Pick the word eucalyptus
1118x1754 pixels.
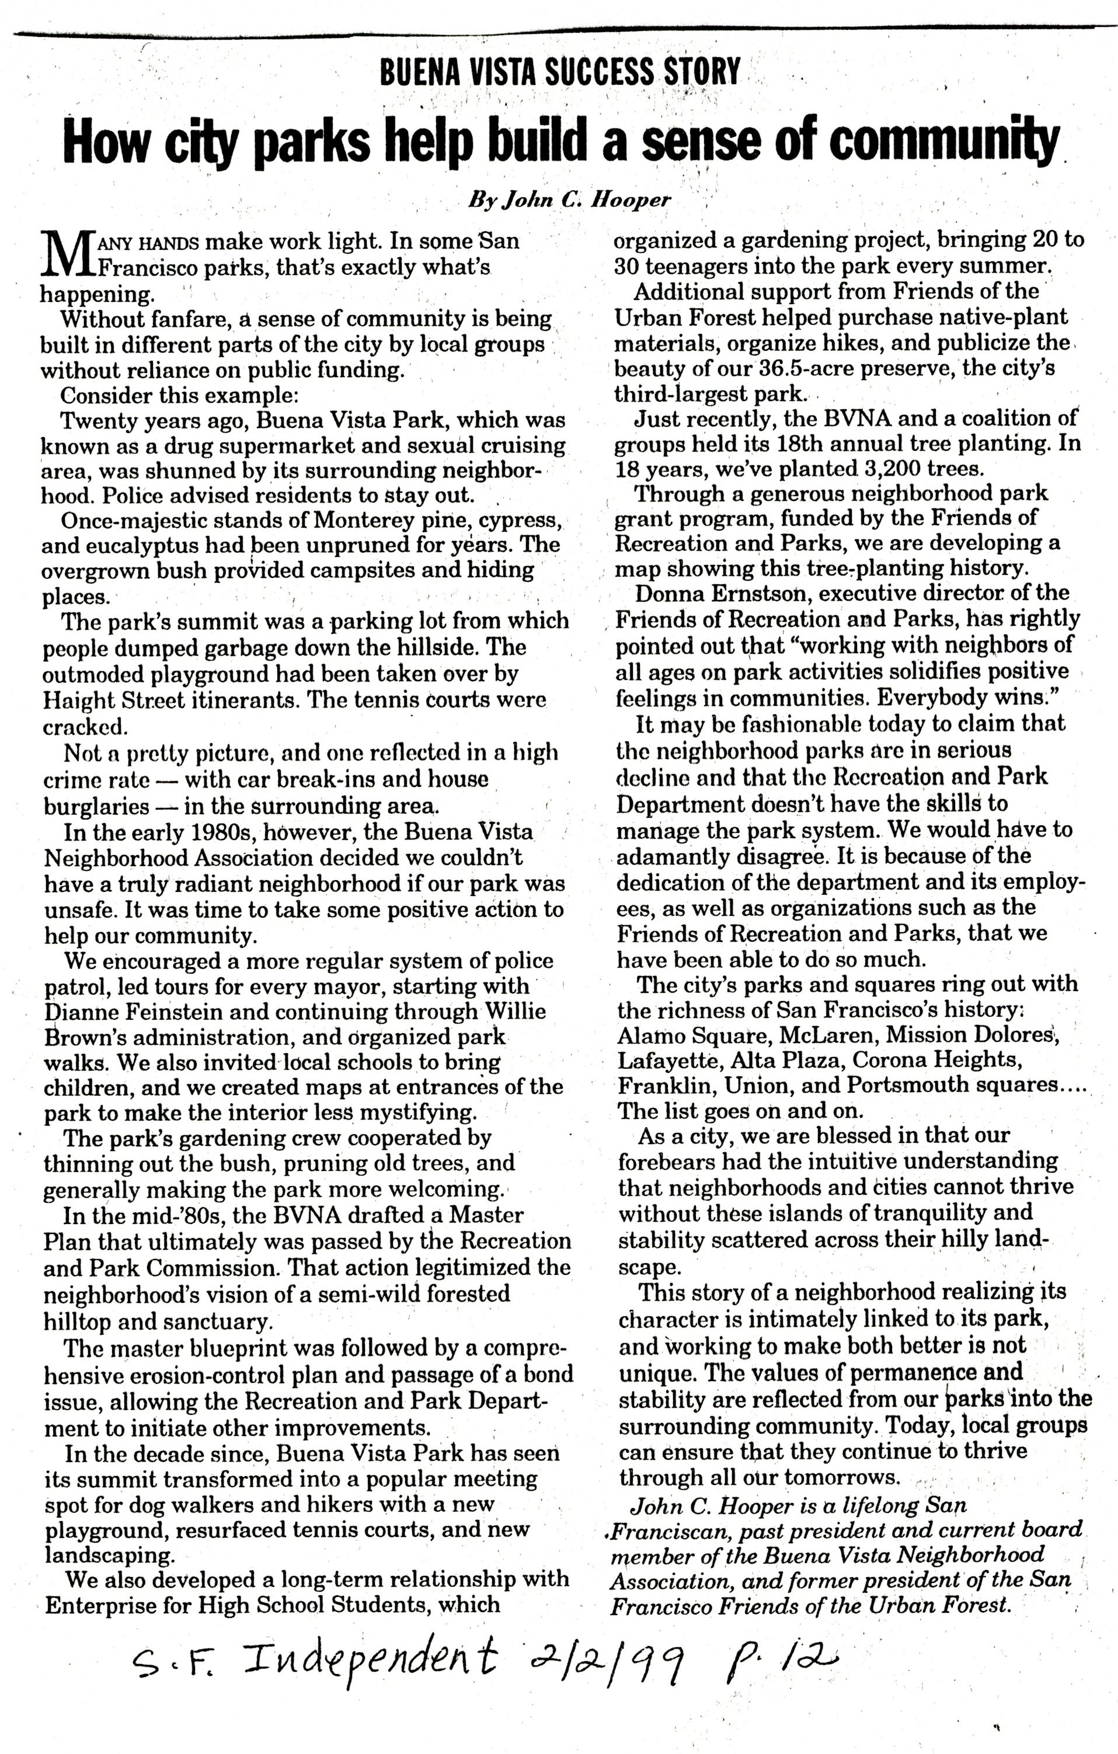coord(139,546)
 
